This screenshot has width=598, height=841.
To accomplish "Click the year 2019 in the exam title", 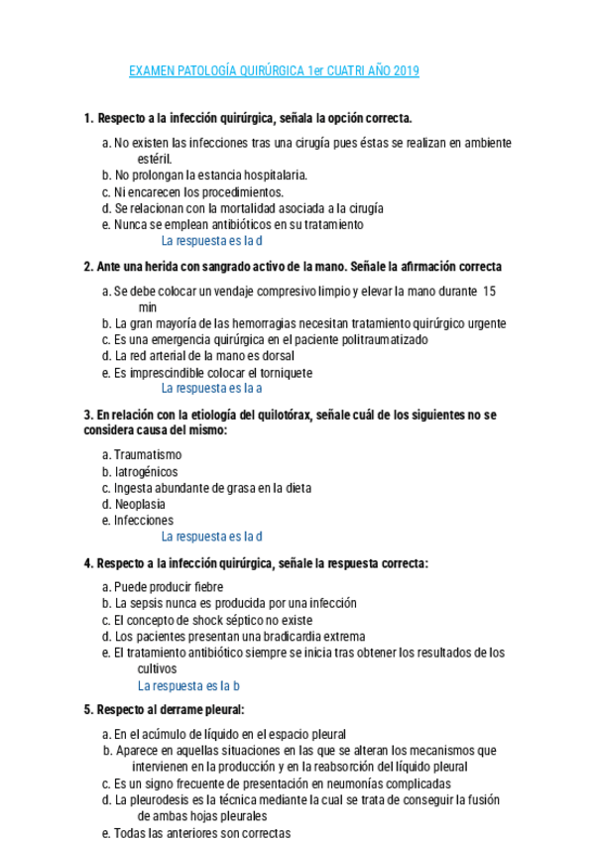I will (x=406, y=71).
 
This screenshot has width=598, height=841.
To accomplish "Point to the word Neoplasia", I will (x=140, y=504).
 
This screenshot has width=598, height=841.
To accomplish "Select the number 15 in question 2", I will (x=489, y=292).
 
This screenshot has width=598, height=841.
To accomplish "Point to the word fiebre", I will (x=203, y=587).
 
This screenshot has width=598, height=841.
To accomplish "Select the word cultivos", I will (x=157, y=668).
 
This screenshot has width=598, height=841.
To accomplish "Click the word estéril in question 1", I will (x=155, y=159).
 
